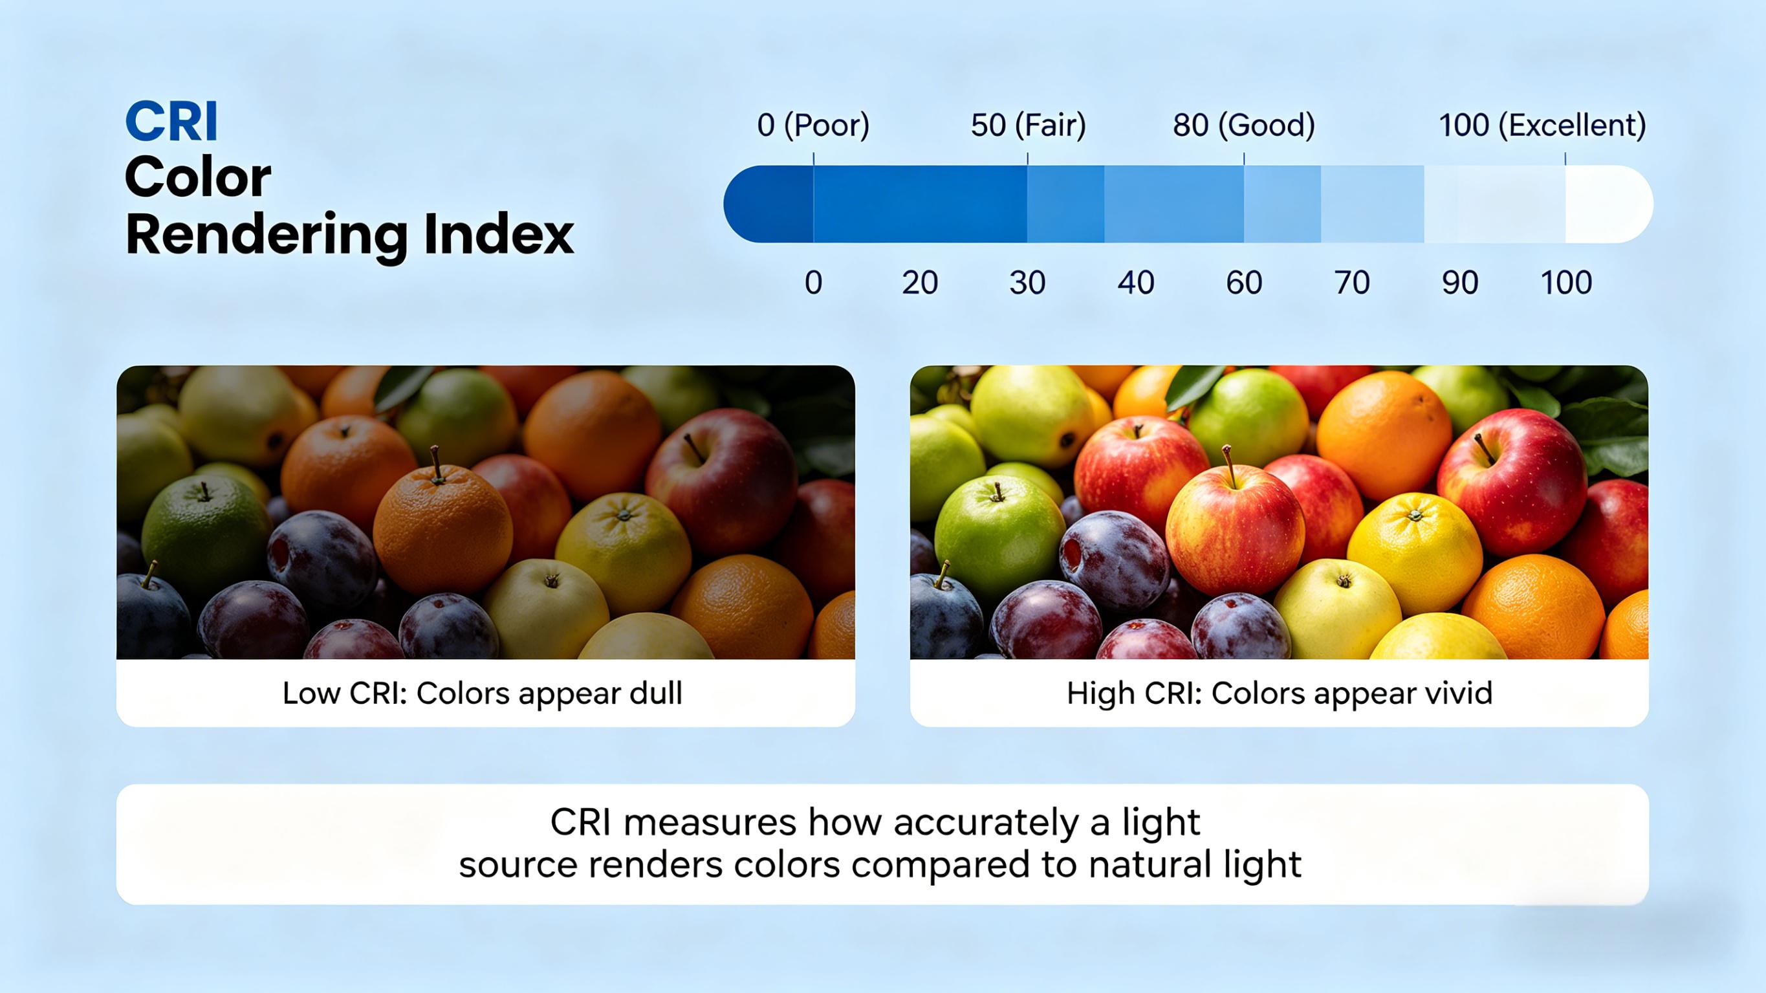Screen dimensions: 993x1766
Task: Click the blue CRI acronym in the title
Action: pos(171,122)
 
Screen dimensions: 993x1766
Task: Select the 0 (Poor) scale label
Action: pos(813,125)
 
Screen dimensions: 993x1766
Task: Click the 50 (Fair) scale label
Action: pos(1028,125)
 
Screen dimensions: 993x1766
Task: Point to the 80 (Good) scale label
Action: pos(1243,125)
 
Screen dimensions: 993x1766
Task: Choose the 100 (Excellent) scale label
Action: pos(1542,125)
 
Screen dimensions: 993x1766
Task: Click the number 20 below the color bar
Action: pos(919,283)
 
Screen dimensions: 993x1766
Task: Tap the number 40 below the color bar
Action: pos(1135,283)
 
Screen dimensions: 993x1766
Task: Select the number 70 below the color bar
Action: pos(1352,283)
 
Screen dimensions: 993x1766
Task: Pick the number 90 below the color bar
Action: pos(1459,283)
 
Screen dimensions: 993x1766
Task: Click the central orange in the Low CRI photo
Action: pos(443,528)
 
